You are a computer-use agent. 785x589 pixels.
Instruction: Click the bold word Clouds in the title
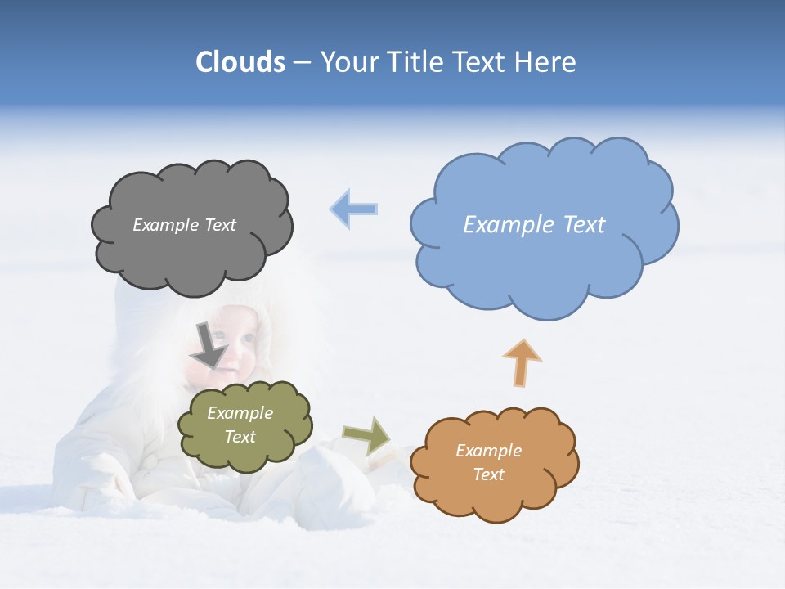coord(240,62)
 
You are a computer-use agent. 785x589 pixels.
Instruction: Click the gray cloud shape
coord(191,254)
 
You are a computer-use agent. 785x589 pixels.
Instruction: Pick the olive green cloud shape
coord(244,454)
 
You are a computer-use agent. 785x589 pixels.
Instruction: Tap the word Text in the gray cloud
coord(219,225)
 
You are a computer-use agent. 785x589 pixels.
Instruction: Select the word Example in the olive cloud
coord(240,413)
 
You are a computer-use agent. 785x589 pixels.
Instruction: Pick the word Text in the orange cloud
coord(489,474)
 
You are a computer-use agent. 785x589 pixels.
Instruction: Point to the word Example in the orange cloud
coord(488,451)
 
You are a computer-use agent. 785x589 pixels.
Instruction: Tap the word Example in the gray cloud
coord(166,225)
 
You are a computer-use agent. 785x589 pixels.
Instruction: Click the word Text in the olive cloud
coord(240,437)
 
